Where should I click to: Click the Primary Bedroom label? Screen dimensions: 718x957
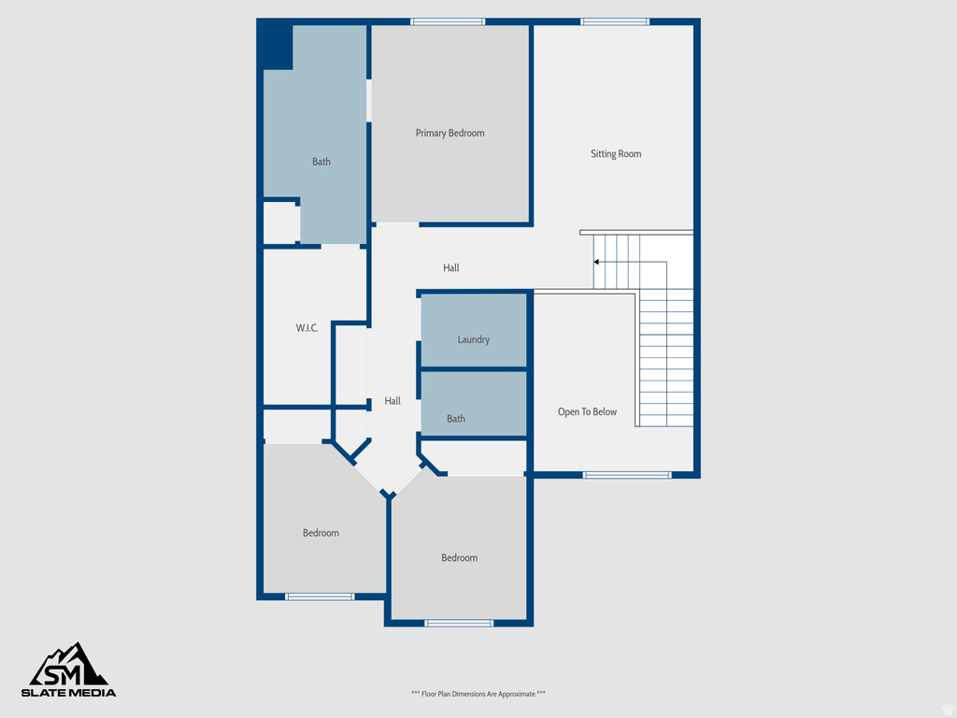(x=450, y=133)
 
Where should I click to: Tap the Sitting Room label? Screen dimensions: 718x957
(x=616, y=153)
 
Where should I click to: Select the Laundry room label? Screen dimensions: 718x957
(x=473, y=339)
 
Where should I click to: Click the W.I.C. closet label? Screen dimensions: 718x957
(x=307, y=328)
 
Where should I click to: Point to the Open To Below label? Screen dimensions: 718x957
(x=587, y=411)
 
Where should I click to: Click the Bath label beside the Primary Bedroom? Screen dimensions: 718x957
(x=321, y=162)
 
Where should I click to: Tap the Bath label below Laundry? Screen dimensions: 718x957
(x=455, y=419)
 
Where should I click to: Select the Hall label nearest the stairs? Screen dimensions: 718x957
(x=451, y=268)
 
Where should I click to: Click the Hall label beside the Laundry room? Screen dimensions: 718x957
(x=393, y=401)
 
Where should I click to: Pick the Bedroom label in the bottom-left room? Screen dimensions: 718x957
(x=321, y=533)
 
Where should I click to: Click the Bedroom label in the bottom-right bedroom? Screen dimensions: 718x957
(x=459, y=558)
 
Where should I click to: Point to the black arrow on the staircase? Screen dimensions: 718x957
(x=597, y=263)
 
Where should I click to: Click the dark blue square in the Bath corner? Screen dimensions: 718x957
(x=277, y=46)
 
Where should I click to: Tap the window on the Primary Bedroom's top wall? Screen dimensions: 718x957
(x=448, y=22)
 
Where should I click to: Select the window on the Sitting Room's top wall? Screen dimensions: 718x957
(x=614, y=22)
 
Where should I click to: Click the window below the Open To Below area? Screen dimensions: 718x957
(x=627, y=475)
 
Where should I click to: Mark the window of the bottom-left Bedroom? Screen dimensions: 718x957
(x=320, y=596)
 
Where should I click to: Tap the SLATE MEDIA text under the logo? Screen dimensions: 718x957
(x=69, y=693)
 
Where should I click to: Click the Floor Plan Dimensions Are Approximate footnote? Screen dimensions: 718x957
(x=478, y=694)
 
